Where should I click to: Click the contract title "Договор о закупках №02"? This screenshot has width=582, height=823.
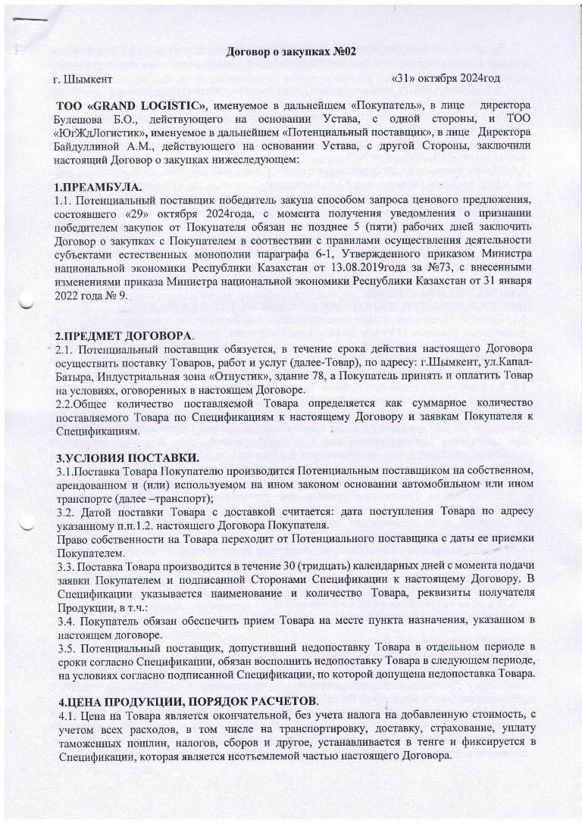coord(292,51)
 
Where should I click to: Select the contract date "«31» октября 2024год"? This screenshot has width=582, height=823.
coord(446,78)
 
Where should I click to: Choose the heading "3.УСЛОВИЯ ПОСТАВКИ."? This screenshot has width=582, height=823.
coord(127,458)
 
